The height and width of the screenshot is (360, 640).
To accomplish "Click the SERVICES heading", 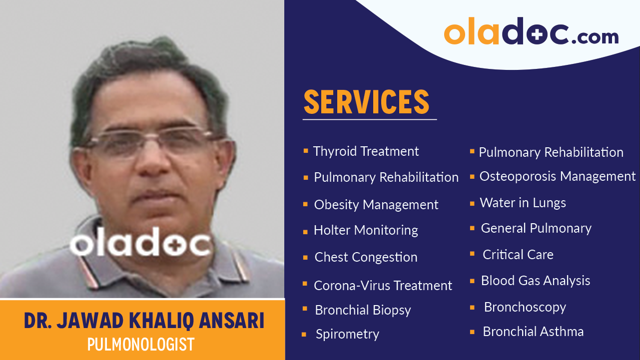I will pos(366,102).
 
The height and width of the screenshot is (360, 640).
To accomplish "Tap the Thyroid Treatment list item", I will pos(366,151).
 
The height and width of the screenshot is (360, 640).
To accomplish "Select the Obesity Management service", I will pos(376,205).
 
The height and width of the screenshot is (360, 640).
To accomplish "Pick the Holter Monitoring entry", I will pos(366,230).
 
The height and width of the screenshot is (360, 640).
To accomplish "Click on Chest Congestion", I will pos(366,257).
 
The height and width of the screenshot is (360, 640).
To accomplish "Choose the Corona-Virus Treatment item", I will pos(383,286).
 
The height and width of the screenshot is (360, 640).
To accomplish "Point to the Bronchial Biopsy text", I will pos(363,310).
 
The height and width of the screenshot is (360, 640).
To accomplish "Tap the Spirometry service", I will pos(347,334).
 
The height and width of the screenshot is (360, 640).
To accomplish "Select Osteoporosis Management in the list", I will pos(557,176).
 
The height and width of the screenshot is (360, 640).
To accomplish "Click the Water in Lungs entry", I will pos(523,203).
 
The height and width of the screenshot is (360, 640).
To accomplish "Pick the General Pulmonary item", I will pos(536,228).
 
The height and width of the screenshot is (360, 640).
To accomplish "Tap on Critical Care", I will pos(518,255).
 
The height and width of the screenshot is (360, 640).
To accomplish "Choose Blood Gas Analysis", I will pos(535,281).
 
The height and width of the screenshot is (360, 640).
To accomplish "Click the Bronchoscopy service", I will pos(525,307).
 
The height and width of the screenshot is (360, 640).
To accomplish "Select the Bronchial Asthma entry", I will pos(533,332).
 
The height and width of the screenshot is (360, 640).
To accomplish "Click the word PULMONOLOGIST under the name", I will pos(140,345).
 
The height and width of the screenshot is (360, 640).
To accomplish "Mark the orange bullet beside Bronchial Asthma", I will pos(472,332).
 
